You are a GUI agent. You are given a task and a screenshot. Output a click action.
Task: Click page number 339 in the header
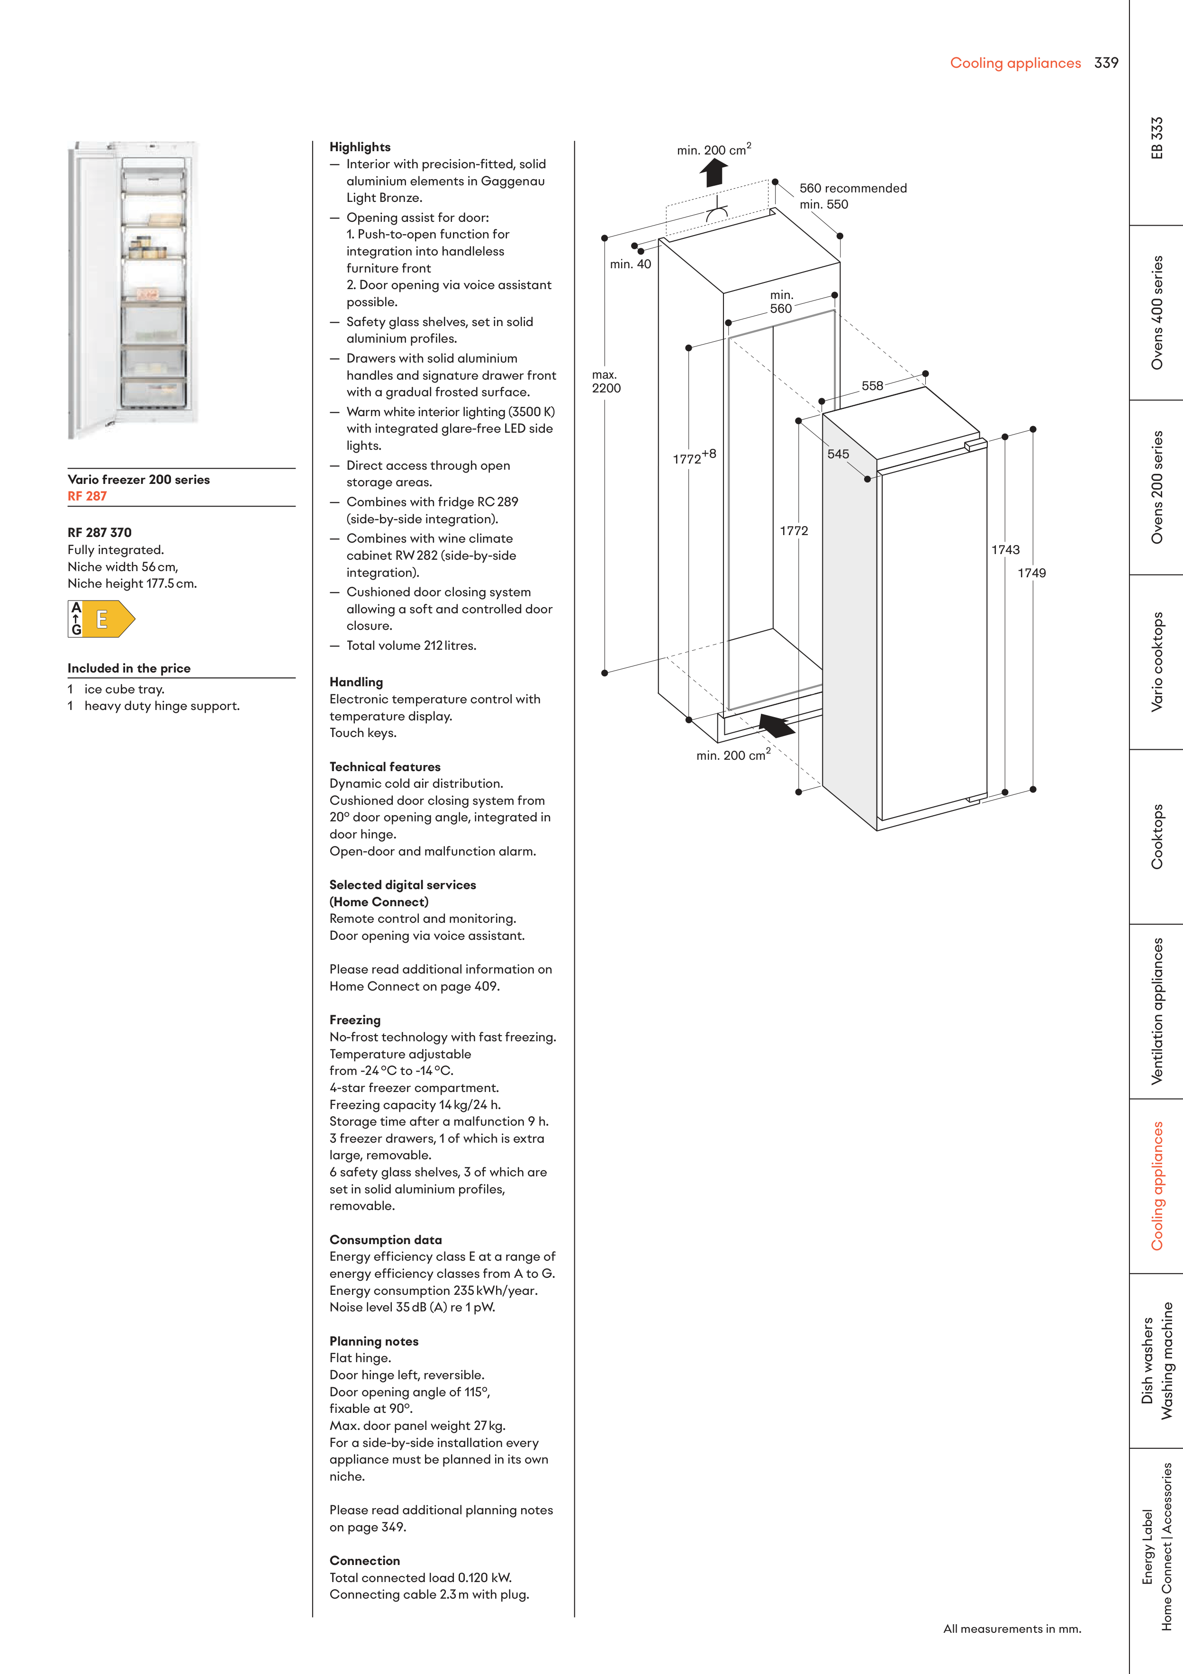(1106, 63)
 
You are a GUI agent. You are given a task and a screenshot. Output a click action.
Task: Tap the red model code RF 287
(87, 496)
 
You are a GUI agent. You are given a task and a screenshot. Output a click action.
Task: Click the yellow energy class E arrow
(108, 619)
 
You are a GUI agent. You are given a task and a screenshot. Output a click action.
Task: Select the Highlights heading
(359, 146)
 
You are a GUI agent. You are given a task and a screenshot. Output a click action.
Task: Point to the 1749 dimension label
(1031, 573)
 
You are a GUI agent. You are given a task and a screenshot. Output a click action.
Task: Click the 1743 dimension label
(1005, 550)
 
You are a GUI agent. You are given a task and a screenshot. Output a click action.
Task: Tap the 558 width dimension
(872, 386)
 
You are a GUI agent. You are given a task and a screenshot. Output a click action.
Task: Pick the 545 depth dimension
(838, 454)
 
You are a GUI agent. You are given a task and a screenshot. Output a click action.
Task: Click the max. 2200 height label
(606, 382)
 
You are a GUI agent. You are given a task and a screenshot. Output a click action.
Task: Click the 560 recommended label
(853, 188)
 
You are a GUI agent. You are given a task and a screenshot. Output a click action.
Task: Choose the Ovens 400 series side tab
(1157, 312)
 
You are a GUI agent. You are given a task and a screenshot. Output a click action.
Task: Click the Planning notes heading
(373, 1341)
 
